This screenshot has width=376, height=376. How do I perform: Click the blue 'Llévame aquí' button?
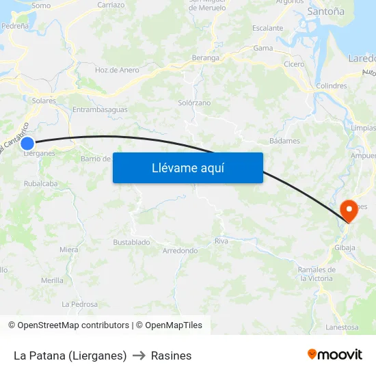tap(187, 167)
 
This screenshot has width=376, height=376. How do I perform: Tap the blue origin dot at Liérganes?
tap(27, 143)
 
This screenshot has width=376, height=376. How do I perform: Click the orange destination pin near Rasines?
tap(349, 209)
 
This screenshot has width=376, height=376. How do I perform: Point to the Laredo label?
tap(362, 58)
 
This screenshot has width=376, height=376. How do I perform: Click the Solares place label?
tap(44, 100)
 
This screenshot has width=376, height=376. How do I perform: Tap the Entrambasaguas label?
tap(100, 109)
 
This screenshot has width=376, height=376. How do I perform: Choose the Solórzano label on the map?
tap(194, 103)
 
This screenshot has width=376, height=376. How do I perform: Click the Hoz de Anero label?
tap(117, 70)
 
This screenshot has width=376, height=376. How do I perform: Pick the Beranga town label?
tap(206, 58)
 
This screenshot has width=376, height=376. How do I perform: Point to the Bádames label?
tap(284, 141)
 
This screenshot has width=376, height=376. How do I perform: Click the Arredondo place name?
tap(180, 251)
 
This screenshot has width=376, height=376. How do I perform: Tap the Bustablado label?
tap(131, 242)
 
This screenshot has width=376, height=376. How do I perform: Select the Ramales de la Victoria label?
tap(316, 273)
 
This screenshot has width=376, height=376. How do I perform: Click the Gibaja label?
tap(345, 247)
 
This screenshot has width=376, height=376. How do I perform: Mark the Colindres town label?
tap(332, 86)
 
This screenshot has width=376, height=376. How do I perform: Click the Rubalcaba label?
tap(40, 183)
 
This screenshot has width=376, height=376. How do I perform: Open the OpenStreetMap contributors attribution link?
tap(73, 325)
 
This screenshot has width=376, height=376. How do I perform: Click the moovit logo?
tap(334, 355)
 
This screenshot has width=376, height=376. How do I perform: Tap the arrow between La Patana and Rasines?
tap(139, 355)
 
